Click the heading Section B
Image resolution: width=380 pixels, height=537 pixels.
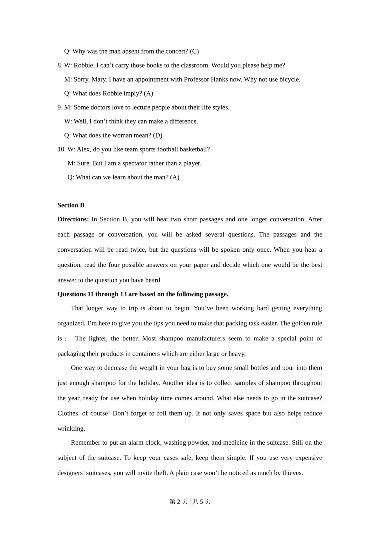click(71, 205)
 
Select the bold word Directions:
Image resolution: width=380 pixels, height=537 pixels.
click(73, 219)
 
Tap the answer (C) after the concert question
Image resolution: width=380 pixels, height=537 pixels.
click(194, 51)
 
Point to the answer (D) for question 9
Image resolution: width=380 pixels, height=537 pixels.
click(158, 135)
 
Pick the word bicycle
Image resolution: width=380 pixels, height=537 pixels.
click(289, 79)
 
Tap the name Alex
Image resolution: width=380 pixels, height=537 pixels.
click(83, 149)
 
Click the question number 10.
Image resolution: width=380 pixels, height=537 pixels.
click(61, 149)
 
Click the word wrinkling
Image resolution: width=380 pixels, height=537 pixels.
click(71, 428)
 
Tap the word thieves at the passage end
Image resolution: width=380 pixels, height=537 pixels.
click(292, 473)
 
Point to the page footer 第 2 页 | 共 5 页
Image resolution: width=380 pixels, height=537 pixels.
click(190, 501)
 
